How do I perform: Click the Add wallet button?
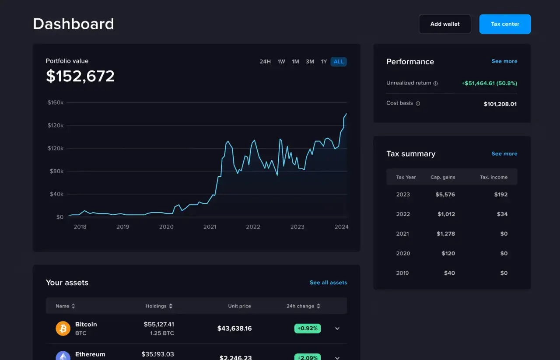(444, 24)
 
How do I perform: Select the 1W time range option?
(281, 62)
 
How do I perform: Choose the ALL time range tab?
(339, 62)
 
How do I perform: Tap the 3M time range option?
(310, 62)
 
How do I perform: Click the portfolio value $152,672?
(80, 76)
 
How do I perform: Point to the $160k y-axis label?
(56, 102)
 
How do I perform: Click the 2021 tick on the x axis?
(210, 227)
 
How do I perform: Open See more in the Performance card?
(504, 61)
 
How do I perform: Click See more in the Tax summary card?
(504, 154)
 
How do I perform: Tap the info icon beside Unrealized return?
(435, 83)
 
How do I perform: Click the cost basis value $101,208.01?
(500, 104)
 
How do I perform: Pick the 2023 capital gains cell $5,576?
(445, 194)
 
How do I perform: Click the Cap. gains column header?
(443, 177)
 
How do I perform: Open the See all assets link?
(328, 283)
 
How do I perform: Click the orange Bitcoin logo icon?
(63, 328)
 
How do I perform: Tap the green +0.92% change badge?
(307, 328)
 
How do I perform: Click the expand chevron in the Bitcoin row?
(337, 329)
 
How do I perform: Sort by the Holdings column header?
(159, 306)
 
